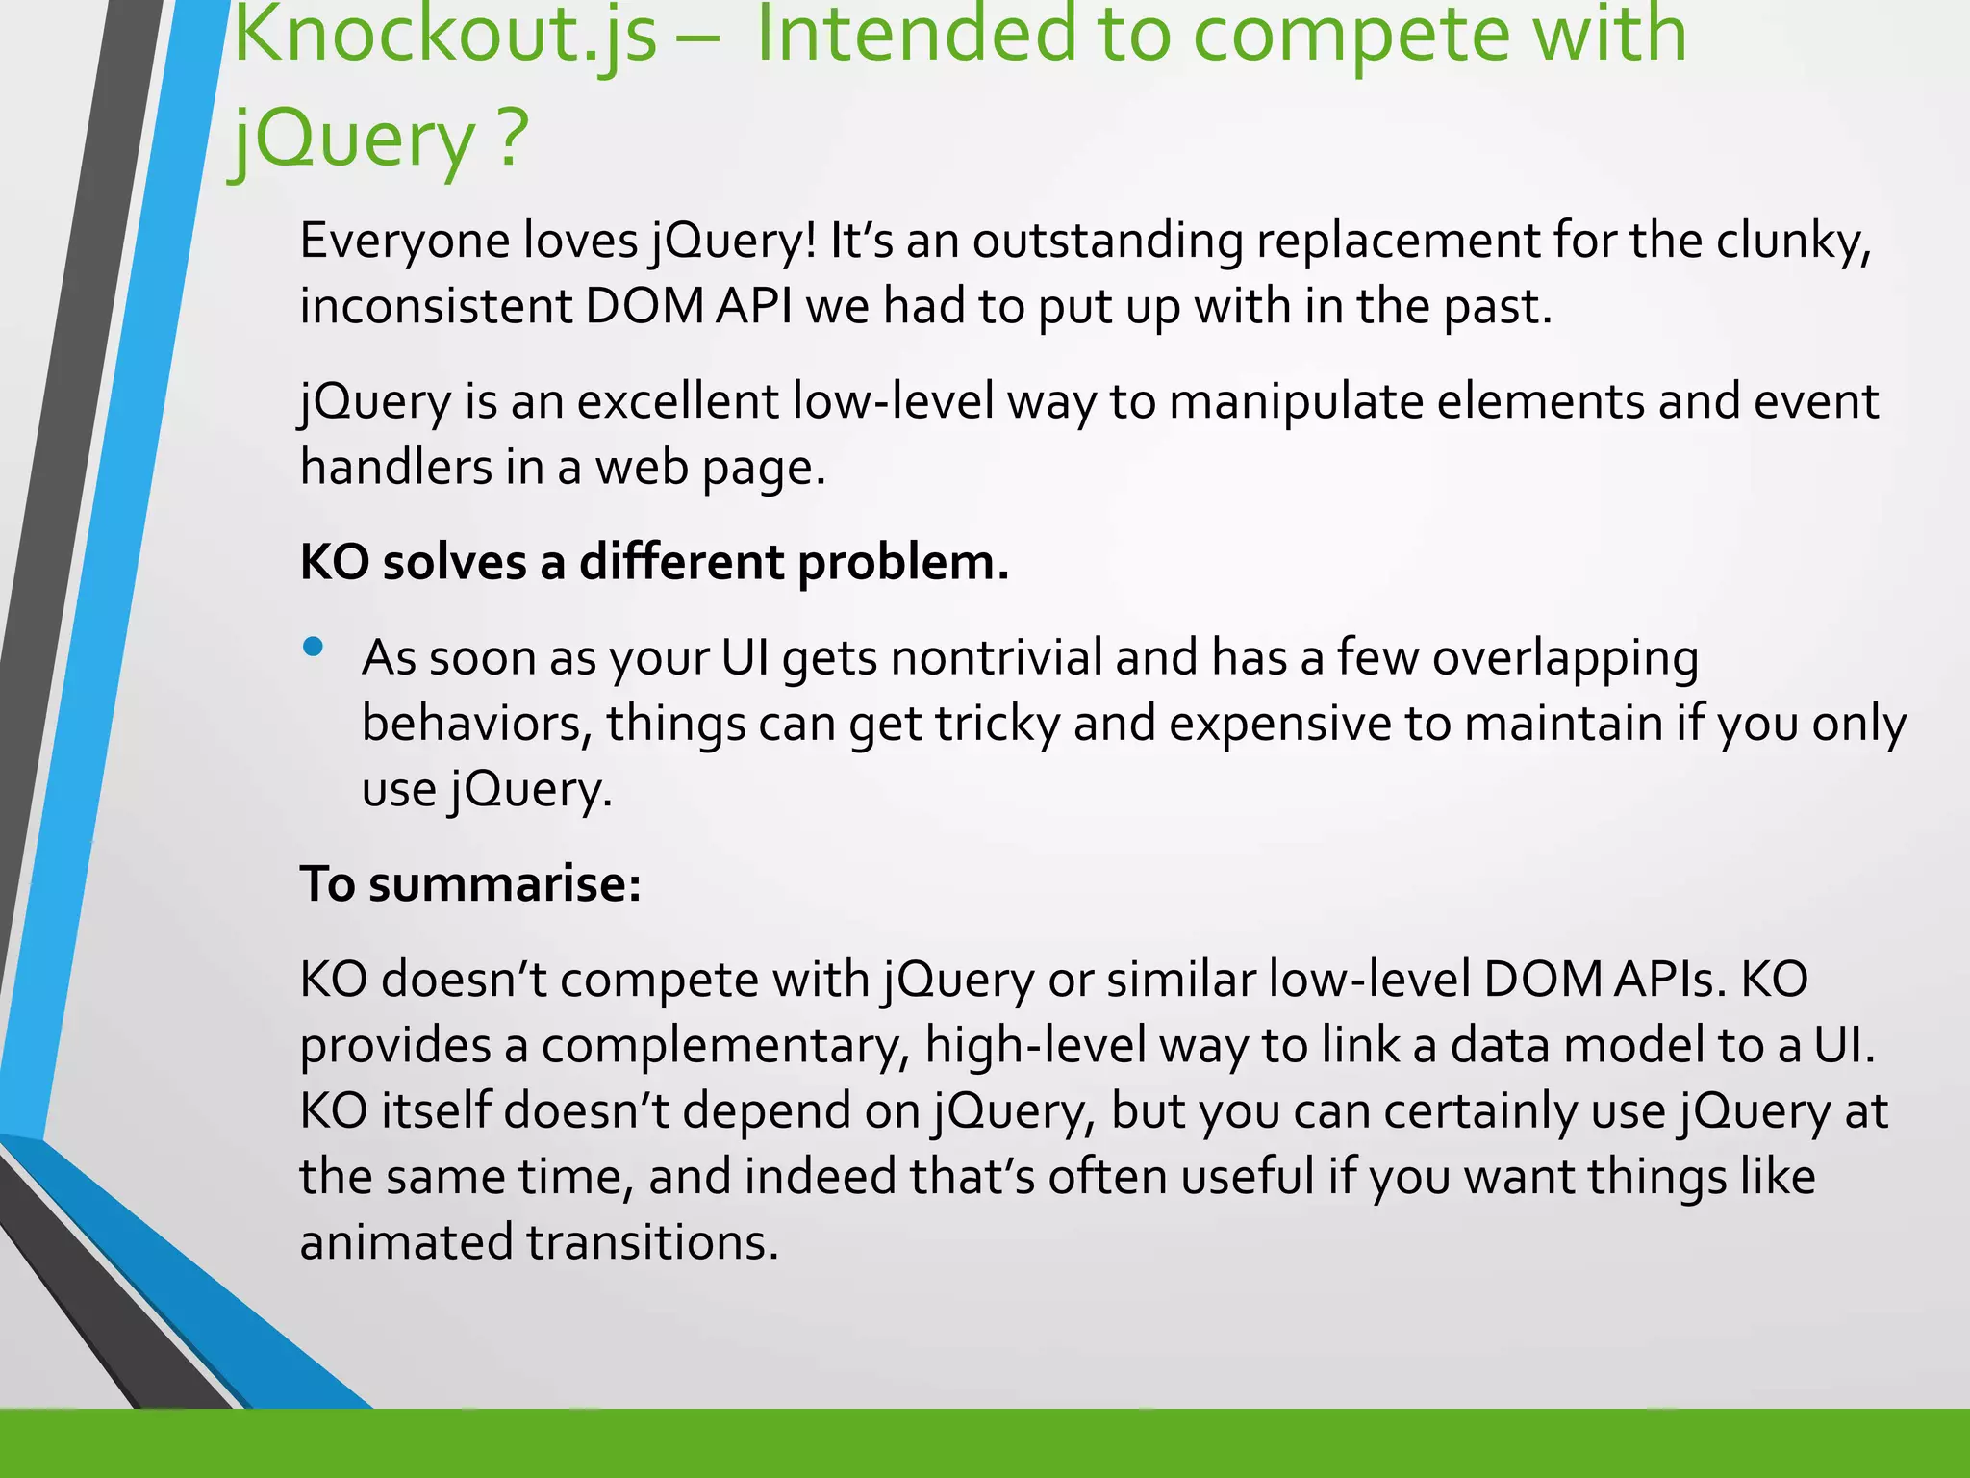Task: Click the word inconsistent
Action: point(436,307)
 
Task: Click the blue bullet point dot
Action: point(313,648)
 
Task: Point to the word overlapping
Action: point(1565,659)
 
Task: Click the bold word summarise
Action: point(504,884)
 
